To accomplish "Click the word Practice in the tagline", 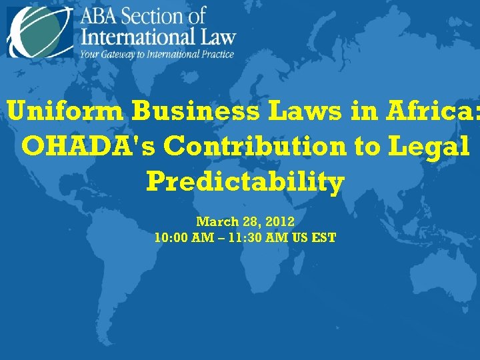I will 212,53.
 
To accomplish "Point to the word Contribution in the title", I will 257,146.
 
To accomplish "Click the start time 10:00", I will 169,237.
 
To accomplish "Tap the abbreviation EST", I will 323,237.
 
